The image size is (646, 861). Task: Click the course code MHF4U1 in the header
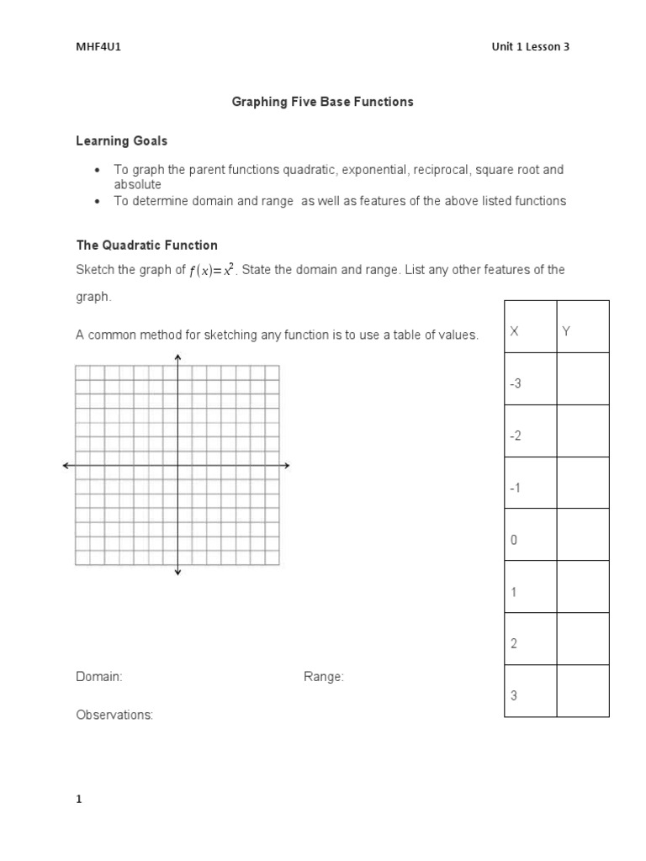coord(93,47)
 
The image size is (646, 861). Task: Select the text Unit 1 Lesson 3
coord(530,47)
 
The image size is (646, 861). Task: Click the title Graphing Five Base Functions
coord(323,102)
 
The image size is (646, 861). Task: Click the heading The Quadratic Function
coord(147,246)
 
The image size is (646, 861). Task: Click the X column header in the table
coord(515,332)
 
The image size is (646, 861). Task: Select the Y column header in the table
coord(566,332)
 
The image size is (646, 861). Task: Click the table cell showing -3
coord(516,384)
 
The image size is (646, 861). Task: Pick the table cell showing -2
coord(516,436)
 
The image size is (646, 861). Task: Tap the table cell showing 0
coord(513,541)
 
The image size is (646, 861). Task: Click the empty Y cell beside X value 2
coord(582,639)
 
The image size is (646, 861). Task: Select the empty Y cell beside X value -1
coord(582,483)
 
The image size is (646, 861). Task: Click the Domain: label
coord(99,677)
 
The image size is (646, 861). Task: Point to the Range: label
coord(324,677)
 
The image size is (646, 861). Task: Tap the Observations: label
coord(114,715)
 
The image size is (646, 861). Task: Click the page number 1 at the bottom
coord(79,800)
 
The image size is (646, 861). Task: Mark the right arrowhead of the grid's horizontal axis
coord(287,465)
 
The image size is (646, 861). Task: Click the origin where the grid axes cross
coord(177,465)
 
